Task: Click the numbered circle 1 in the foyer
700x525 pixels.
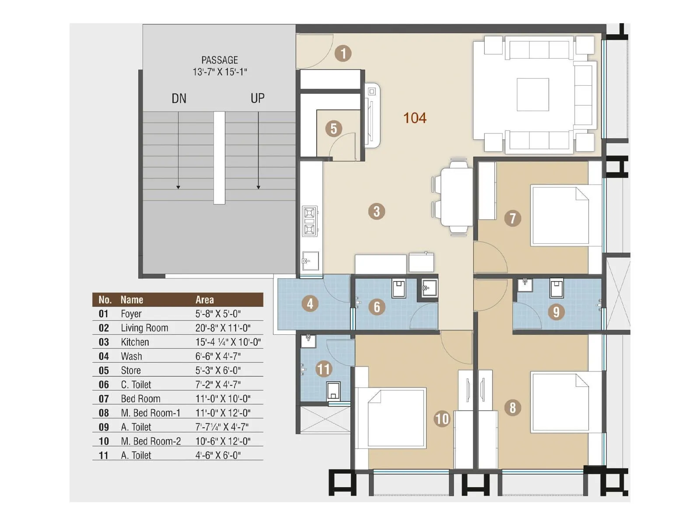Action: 343,53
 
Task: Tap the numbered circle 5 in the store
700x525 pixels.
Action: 333,129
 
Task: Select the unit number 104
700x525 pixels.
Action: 414,118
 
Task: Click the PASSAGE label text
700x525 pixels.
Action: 220,60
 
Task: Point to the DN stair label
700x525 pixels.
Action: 179,98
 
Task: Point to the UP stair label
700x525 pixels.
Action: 257,98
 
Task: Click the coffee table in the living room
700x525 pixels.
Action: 532,94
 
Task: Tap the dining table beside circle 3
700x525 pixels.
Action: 456,197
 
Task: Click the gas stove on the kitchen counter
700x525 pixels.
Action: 310,221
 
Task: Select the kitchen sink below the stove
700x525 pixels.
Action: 310,261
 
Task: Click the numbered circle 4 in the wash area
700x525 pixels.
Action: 310,304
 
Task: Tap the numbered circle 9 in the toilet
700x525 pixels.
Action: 556,311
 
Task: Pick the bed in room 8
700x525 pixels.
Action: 560,402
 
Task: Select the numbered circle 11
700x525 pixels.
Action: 323,369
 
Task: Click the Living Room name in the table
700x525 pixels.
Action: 144,328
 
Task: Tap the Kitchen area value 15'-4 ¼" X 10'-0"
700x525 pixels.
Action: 228,342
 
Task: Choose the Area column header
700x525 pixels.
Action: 204,300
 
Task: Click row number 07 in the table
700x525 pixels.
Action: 104,399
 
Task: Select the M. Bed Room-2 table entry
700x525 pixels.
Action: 150,441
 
